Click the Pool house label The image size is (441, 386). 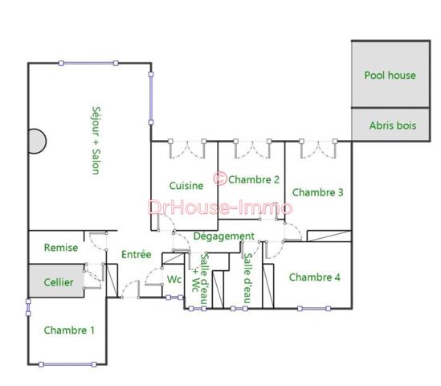(390, 75)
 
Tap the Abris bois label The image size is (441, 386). (390, 125)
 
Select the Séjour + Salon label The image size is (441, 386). (96, 140)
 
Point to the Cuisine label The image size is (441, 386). (186, 186)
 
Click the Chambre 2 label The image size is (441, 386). (254, 179)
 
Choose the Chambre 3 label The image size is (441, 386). (317, 192)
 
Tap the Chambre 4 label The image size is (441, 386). (314, 277)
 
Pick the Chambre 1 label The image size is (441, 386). (69, 330)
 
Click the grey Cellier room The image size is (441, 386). (57, 282)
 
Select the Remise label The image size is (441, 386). (61, 248)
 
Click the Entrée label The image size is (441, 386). (136, 254)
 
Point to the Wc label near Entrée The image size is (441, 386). (174, 280)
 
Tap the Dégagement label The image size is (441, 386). (224, 236)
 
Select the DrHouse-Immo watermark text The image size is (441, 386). (219, 207)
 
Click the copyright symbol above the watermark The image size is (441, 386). (219, 178)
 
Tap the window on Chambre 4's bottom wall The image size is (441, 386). (312, 308)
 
